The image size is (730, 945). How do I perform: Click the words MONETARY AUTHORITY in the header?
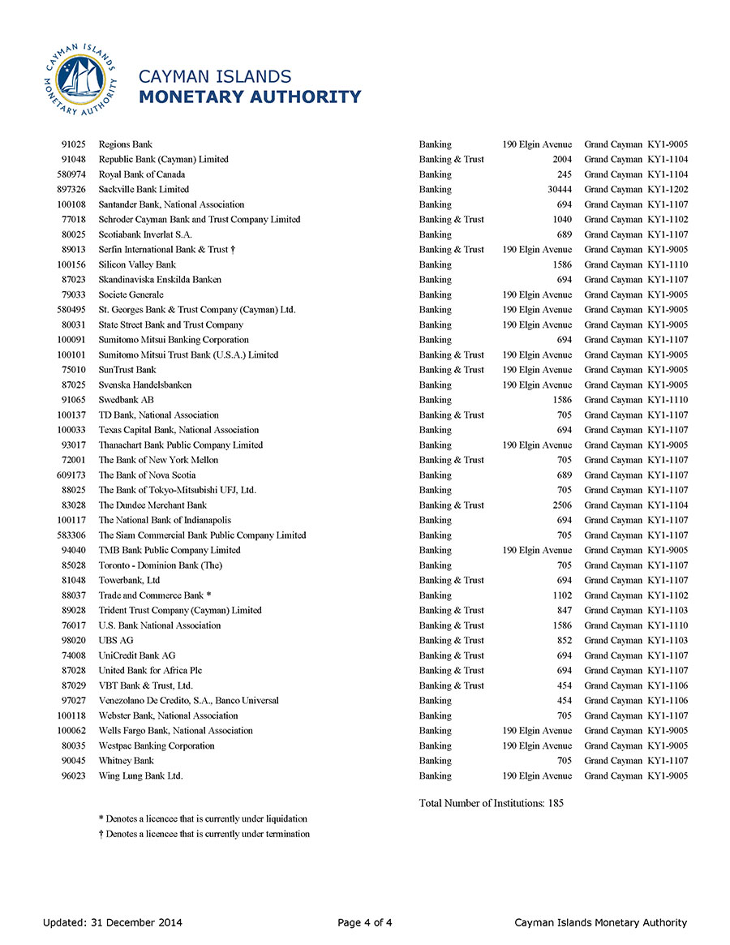[x=250, y=97]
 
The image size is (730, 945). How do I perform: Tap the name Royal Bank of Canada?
[x=141, y=174]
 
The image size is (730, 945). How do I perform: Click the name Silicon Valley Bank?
[x=137, y=264]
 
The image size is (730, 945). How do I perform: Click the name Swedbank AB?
[x=126, y=400]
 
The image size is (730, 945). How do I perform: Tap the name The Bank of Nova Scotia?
[x=147, y=475]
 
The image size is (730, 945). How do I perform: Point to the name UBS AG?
[x=116, y=641]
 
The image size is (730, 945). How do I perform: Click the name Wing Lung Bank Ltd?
[x=140, y=776]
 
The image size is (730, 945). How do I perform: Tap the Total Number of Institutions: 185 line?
[x=491, y=803]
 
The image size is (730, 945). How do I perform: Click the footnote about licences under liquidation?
[x=203, y=818]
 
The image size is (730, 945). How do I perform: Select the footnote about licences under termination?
[x=204, y=834]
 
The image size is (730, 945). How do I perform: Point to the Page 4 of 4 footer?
[x=365, y=922]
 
